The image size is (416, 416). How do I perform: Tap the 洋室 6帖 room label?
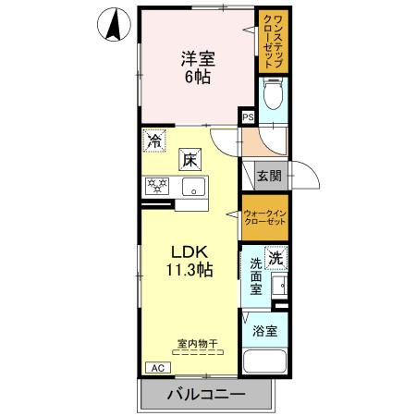tap(195, 66)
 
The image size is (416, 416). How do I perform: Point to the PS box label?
tap(247, 117)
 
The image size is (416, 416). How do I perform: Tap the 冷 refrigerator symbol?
tap(153, 142)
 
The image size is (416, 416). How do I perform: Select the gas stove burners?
tap(156, 186)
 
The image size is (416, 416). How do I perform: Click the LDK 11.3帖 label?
tap(191, 261)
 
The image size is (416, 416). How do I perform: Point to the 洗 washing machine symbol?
tap(275, 258)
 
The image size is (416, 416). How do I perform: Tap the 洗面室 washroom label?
tap(255, 276)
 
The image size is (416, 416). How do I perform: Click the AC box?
tap(158, 368)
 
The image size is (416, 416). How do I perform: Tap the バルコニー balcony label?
tap(206, 396)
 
